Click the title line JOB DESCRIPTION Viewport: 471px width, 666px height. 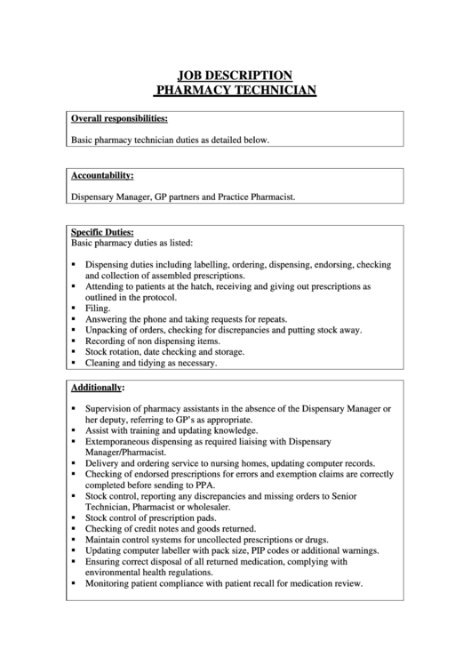[235, 76]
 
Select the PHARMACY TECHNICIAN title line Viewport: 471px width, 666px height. [235, 90]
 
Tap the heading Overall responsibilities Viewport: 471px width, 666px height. [119, 118]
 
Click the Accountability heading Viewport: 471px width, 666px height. [102, 175]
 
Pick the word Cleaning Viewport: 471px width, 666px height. [104, 363]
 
